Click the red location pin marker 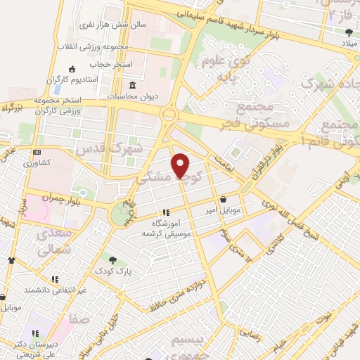pos(181,165)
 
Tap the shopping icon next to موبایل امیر pos(224,199)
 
